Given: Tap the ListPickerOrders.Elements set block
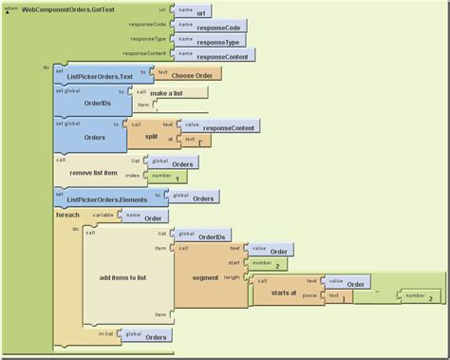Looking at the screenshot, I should tap(104, 199).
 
